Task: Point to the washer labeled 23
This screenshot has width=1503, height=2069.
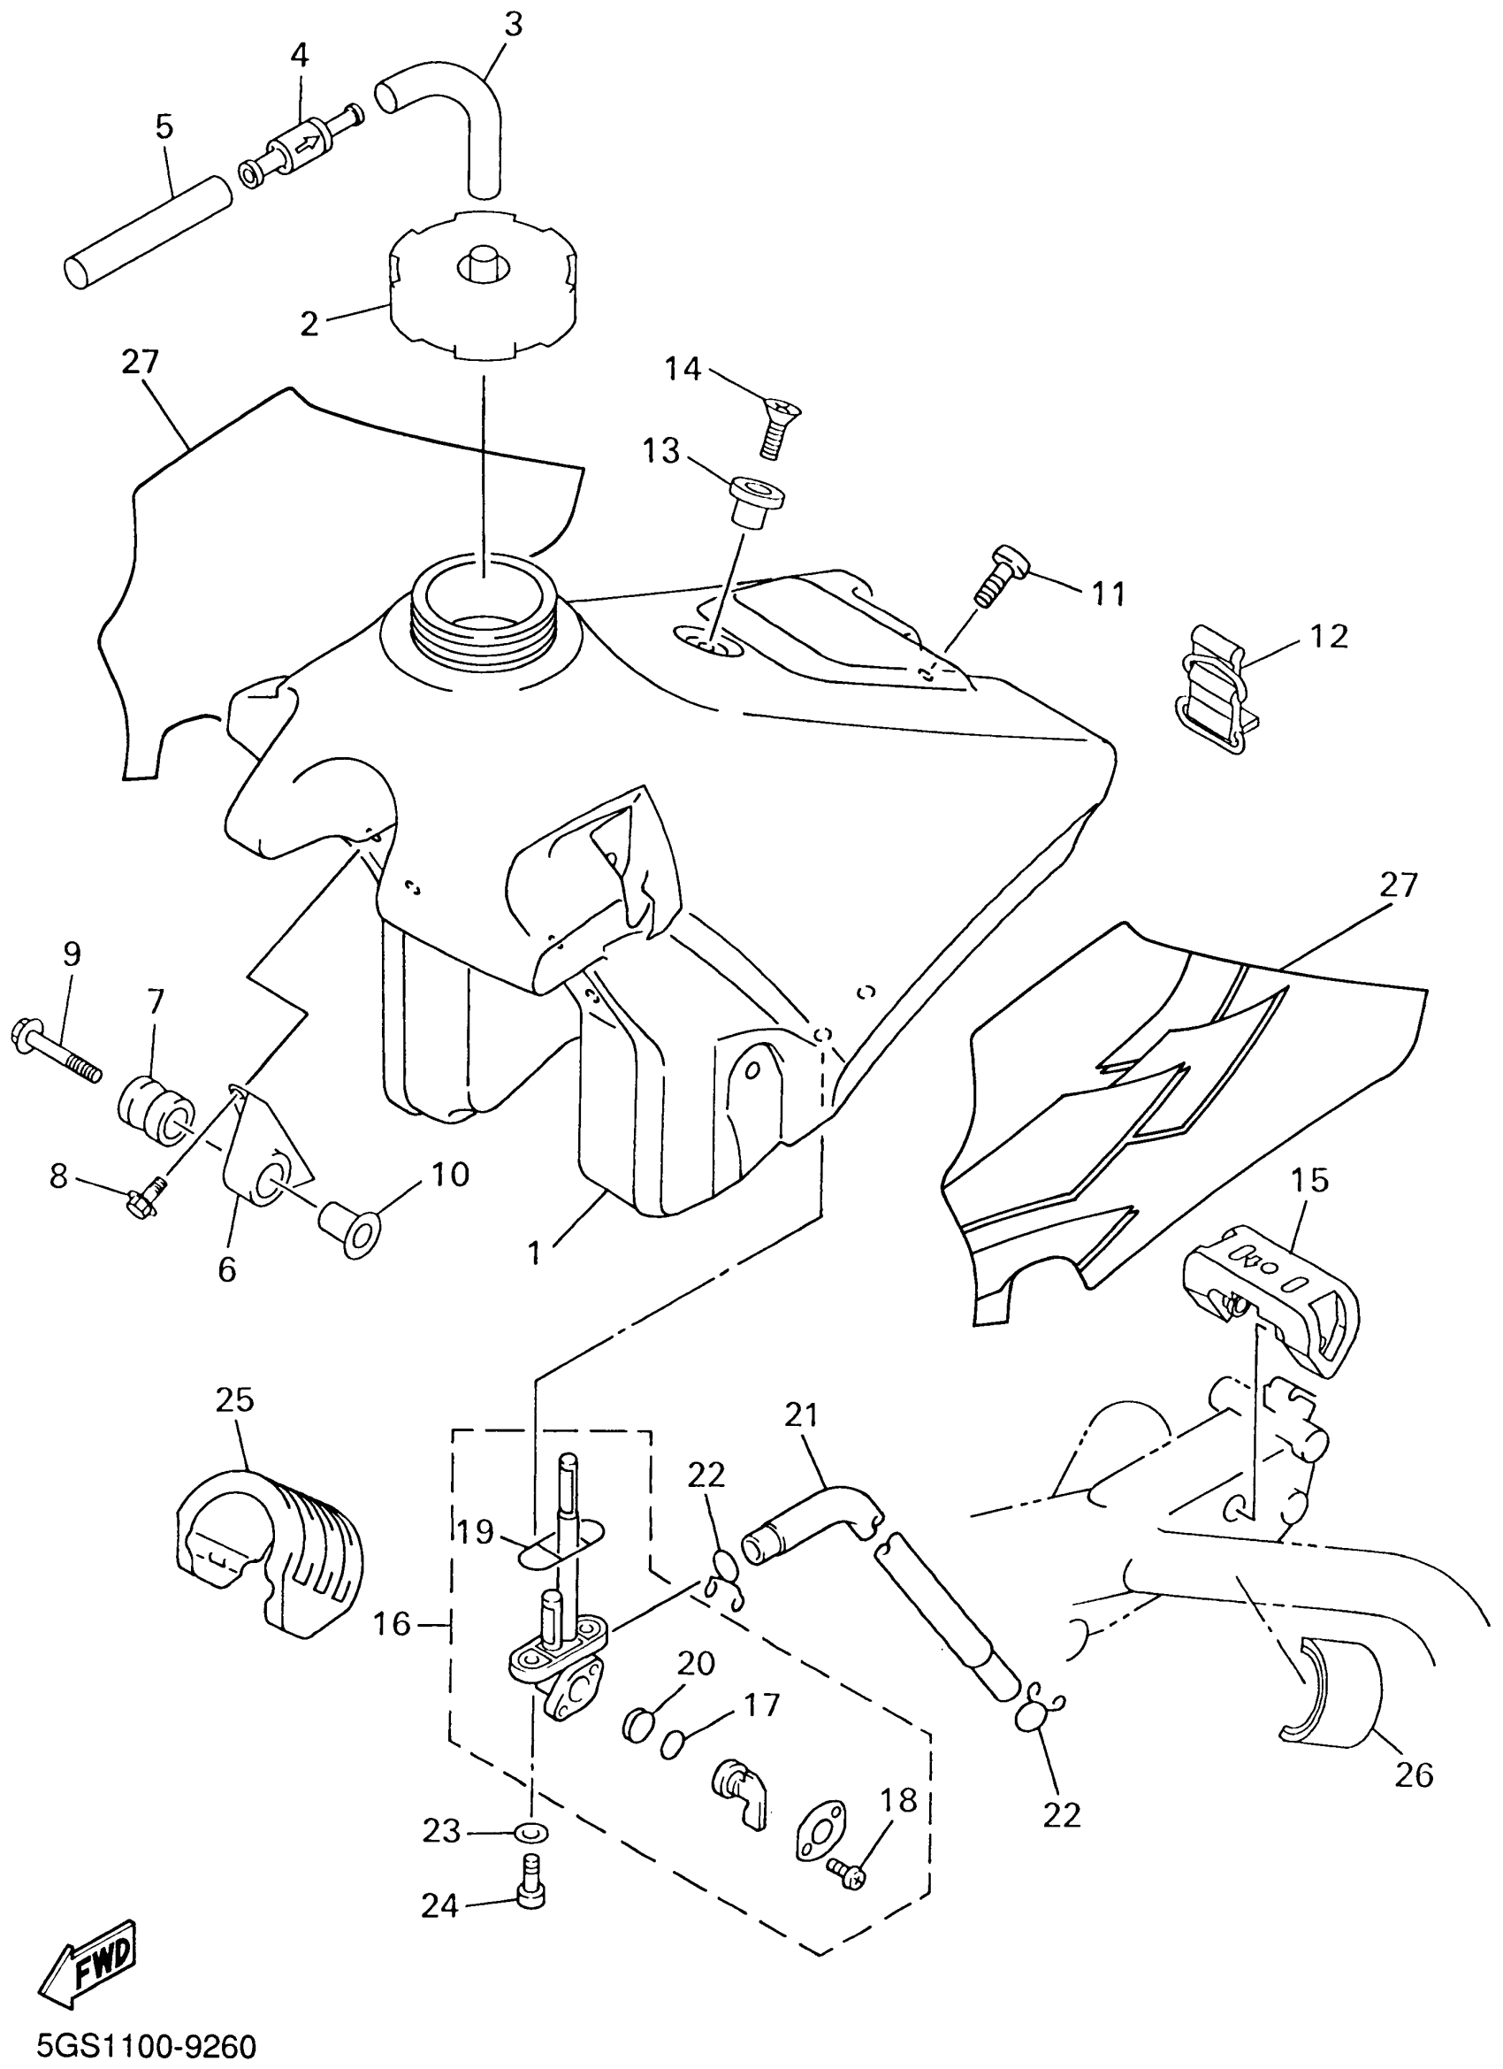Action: pos(532,1829)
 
